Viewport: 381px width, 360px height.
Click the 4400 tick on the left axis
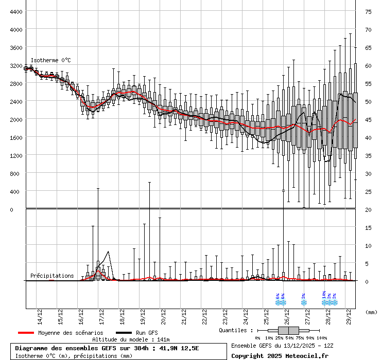(15, 11)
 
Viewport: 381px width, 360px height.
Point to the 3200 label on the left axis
(15, 65)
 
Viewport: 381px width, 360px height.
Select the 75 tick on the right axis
(369, 11)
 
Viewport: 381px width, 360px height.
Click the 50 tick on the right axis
(369, 101)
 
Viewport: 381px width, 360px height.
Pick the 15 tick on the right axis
(369, 227)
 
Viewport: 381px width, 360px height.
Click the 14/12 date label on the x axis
(40, 314)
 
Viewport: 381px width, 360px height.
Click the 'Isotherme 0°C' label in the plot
(50, 60)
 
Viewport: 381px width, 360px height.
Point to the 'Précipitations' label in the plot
(52, 276)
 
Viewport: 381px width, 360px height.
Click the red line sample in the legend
(25, 333)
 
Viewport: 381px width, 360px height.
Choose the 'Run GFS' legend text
(147, 333)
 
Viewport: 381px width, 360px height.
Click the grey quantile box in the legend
(288, 330)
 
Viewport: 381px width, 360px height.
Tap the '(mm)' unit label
(371, 312)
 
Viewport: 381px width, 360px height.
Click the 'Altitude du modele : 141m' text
(131, 339)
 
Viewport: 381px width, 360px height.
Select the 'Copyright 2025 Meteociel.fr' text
(280, 355)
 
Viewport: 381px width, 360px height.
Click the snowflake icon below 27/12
(304, 302)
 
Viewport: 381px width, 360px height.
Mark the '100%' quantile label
(322, 337)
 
